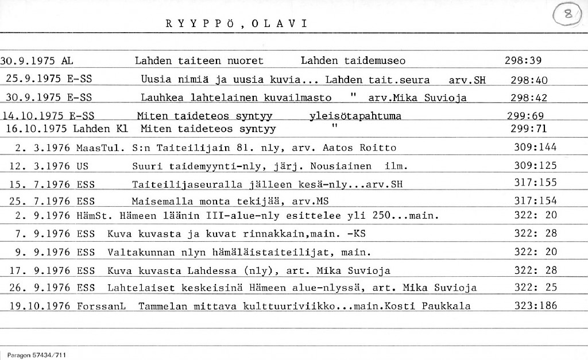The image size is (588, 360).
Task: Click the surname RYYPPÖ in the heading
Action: [x=200, y=24]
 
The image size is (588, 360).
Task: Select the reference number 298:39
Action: [x=523, y=61]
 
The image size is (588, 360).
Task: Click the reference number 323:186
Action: [x=536, y=306]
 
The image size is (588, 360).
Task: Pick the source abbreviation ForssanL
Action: [x=101, y=306]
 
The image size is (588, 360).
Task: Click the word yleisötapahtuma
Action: [x=355, y=117]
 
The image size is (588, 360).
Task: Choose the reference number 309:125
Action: [x=536, y=167]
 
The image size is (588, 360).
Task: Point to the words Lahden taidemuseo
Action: [x=353, y=61]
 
